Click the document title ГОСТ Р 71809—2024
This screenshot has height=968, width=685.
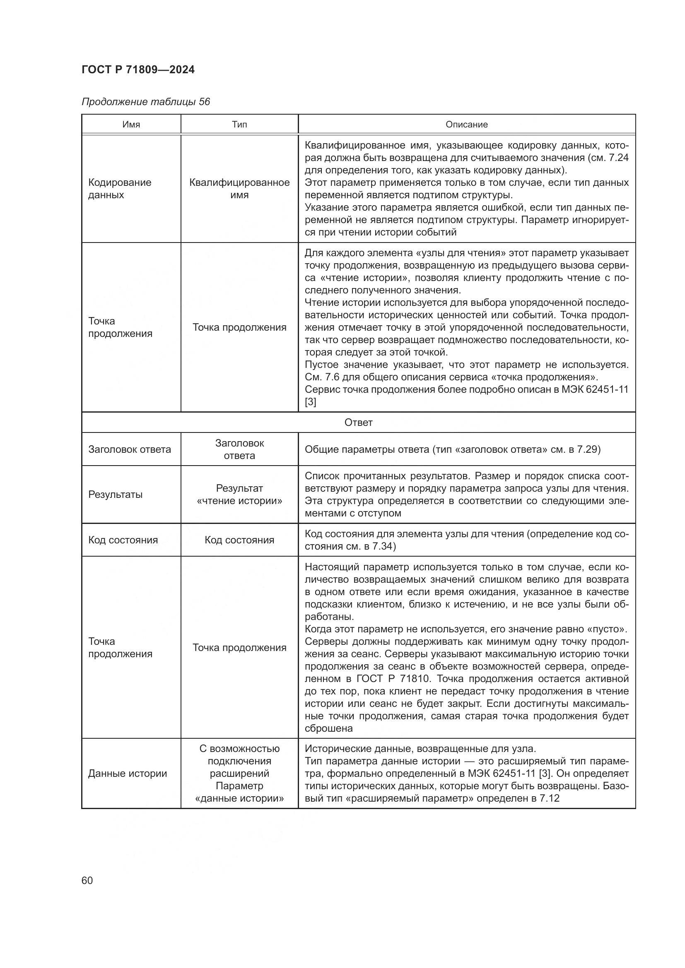[x=138, y=70]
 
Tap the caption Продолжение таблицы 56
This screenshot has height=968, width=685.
[x=145, y=102]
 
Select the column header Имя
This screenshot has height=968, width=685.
[x=131, y=125]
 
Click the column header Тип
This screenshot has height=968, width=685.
[x=239, y=125]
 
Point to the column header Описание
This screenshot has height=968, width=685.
[x=466, y=125]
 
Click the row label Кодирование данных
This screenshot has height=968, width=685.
[x=119, y=188]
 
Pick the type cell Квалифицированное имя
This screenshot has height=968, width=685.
[x=239, y=188]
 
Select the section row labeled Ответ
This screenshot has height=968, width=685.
[x=358, y=423]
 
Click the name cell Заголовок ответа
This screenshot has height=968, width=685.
[x=130, y=449]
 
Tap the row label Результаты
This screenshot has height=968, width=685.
[x=115, y=495]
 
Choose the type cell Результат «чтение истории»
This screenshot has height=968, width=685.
[x=239, y=495]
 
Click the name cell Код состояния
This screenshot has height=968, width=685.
[x=123, y=540]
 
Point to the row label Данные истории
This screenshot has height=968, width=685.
[x=128, y=773]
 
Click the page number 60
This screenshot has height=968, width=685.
[x=87, y=881]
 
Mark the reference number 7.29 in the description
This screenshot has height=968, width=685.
[x=589, y=449]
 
